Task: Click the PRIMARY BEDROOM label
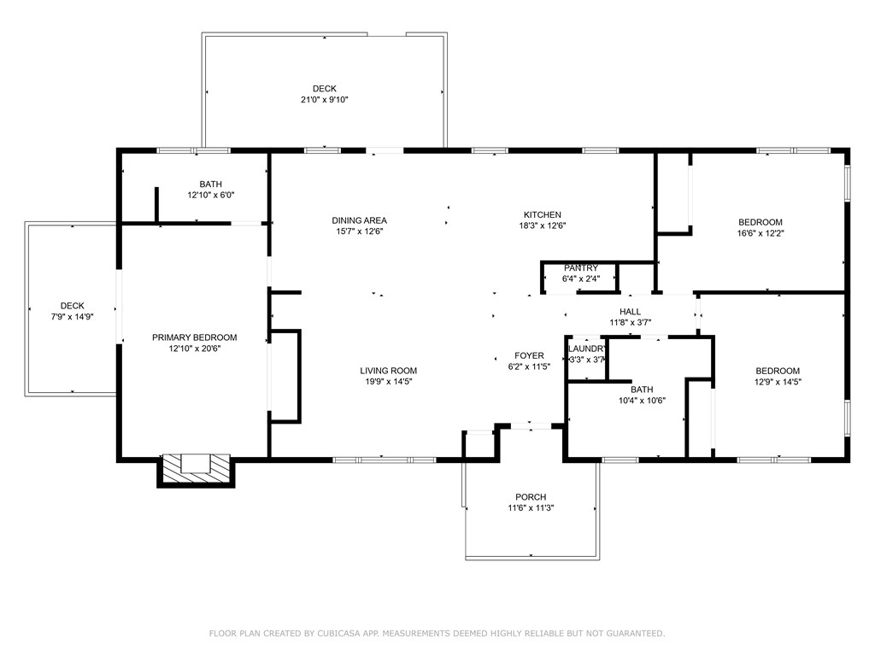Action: [194, 337]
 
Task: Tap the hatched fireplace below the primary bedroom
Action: [196, 470]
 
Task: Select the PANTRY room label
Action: [581, 268]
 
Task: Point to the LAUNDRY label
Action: [586, 349]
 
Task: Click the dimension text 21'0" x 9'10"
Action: [324, 100]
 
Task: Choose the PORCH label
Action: [531, 497]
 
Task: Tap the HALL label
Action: [630, 312]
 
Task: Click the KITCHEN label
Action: [543, 214]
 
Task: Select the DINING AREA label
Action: [360, 220]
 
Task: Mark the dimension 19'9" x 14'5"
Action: [389, 382]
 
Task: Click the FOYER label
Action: [529, 356]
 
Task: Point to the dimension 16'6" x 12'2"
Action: [760, 233]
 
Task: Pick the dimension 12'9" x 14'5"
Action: [778, 382]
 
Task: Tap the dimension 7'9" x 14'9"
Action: [72, 317]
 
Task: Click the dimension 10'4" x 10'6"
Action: [642, 401]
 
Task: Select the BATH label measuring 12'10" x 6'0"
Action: [211, 184]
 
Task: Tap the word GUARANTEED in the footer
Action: [633, 634]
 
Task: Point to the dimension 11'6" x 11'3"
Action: [531, 508]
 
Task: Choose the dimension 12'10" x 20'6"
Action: [195, 348]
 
